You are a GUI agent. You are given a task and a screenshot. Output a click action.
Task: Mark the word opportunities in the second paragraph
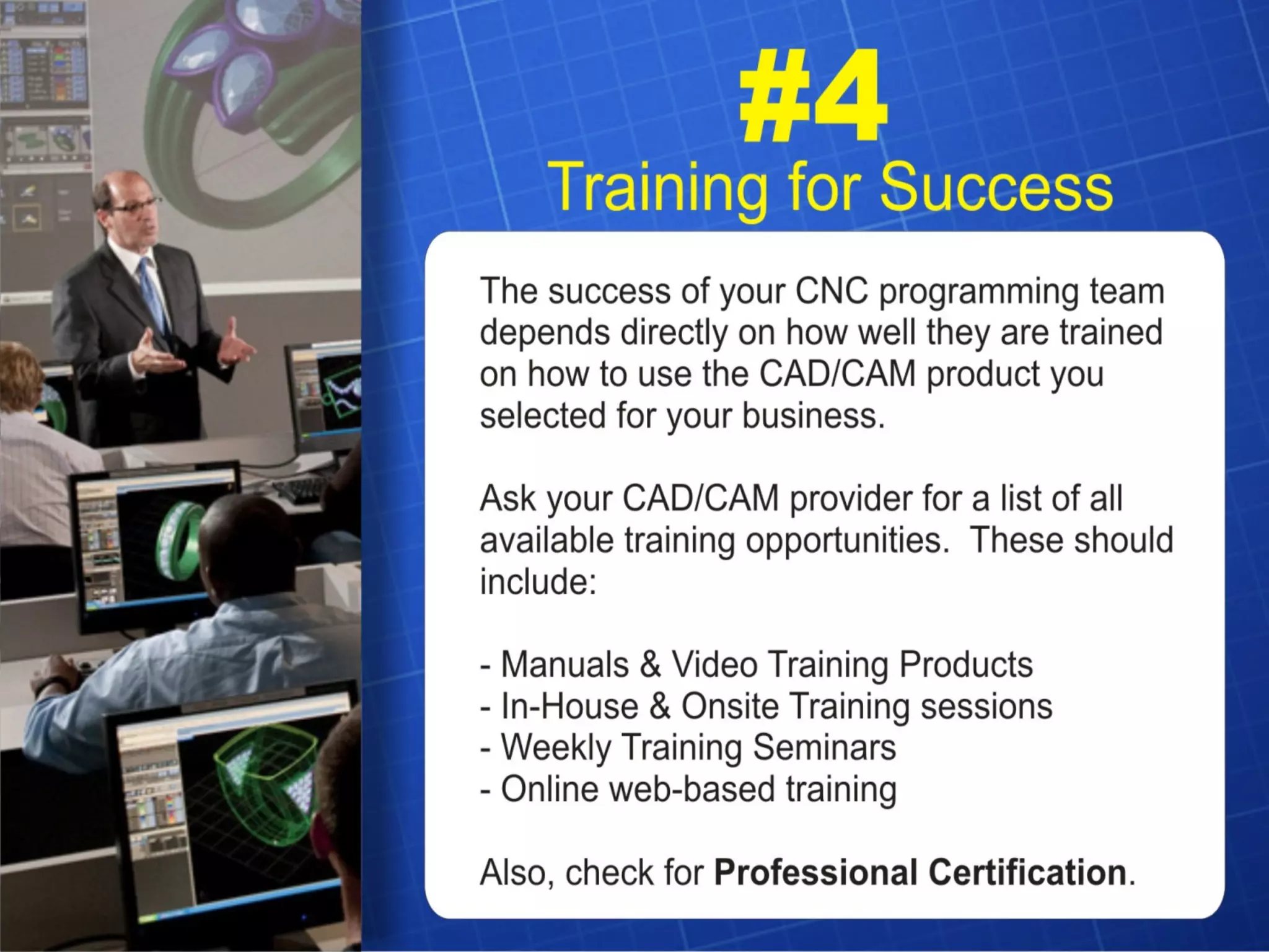click(x=846, y=541)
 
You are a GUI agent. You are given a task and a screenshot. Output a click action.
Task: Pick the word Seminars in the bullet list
click(x=824, y=747)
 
